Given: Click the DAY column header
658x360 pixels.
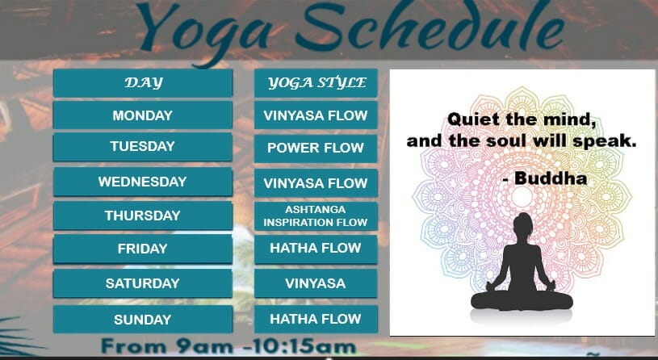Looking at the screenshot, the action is click(x=143, y=83).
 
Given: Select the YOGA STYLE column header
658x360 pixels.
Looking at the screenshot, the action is click(x=316, y=83).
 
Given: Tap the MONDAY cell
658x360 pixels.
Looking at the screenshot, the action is click(x=143, y=115).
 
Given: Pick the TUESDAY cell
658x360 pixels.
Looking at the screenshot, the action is click(x=143, y=147).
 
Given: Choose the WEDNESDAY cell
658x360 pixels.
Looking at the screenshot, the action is click(x=143, y=182).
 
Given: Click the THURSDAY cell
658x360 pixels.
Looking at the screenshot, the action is click(x=143, y=216).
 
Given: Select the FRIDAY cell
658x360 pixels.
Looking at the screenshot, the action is click(x=143, y=249).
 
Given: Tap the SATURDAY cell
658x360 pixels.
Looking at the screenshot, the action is click(x=143, y=283).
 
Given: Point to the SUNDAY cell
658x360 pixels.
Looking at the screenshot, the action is click(x=143, y=320).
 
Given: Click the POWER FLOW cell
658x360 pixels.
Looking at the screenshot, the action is click(x=316, y=148).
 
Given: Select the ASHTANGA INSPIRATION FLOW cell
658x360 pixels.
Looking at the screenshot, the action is click(x=316, y=216).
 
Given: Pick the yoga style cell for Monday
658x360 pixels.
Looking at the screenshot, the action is click(x=316, y=115).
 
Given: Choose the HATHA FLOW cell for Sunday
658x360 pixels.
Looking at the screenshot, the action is click(x=316, y=320).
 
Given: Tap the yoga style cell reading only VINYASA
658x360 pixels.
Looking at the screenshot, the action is click(x=316, y=283).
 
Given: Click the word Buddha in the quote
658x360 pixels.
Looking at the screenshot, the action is click(x=551, y=178).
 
